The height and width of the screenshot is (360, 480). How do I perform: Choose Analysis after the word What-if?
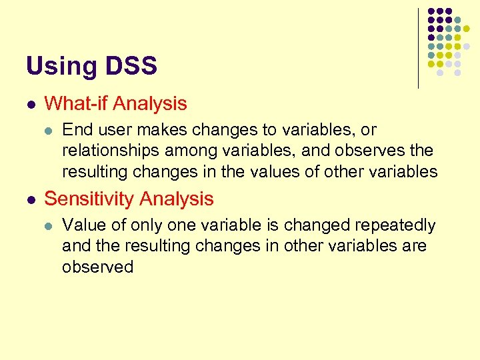(150, 104)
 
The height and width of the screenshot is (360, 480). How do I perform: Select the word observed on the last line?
(98, 267)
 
